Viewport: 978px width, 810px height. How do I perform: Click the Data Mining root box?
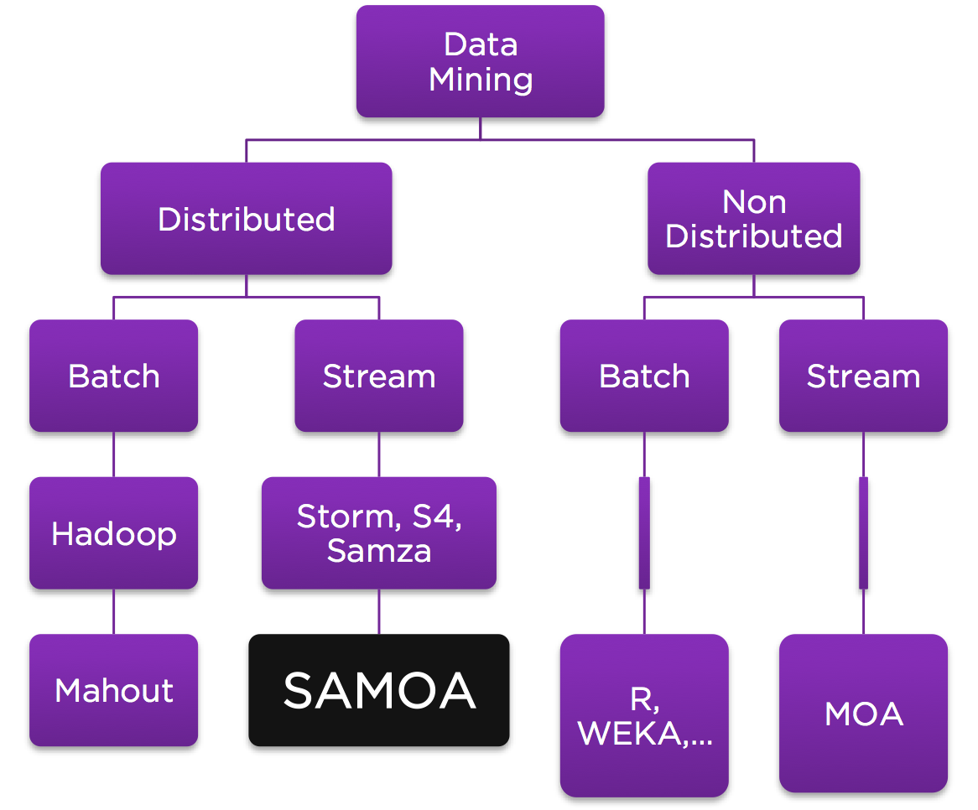(x=480, y=61)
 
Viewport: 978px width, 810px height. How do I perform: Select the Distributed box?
(x=246, y=219)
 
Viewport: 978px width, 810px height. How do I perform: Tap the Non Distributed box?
(x=753, y=219)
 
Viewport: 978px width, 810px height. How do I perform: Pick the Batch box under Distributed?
(x=113, y=376)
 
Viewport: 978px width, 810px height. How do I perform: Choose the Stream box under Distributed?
(x=378, y=376)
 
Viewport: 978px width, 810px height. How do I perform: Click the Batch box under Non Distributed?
(x=644, y=376)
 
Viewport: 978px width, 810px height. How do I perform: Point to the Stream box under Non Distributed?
(x=863, y=376)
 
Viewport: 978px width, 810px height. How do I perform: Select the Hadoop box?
(x=113, y=533)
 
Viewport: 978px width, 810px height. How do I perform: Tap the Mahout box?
(x=113, y=690)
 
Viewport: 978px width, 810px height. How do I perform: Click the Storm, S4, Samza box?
(x=378, y=533)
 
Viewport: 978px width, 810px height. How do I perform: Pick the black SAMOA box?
(x=378, y=690)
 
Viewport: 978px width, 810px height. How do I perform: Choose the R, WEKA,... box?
(x=644, y=715)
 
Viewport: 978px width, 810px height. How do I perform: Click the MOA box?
(x=863, y=714)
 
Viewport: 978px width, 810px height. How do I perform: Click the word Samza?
(x=379, y=551)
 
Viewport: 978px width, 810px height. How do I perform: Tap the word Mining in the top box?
(x=481, y=80)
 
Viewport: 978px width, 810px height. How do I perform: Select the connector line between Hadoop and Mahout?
(x=114, y=611)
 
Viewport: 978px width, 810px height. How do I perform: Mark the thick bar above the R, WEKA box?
(x=644, y=533)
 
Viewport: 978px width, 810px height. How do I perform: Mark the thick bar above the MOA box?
(x=863, y=533)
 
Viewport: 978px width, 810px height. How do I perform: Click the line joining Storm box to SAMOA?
(x=379, y=611)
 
